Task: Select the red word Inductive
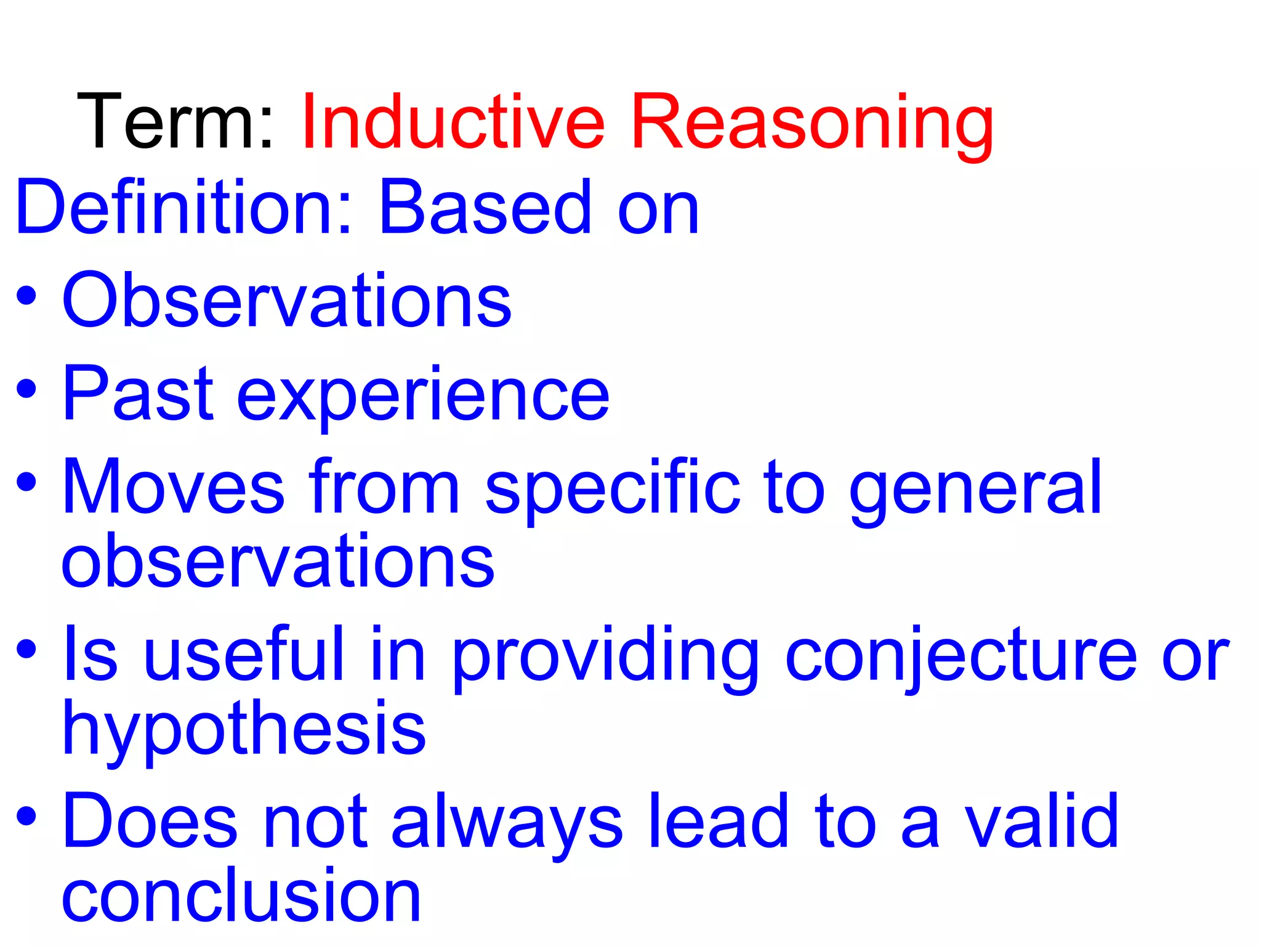(x=453, y=121)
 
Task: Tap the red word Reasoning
(x=813, y=123)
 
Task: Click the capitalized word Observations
(x=287, y=301)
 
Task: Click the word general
(x=976, y=490)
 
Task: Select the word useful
(x=244, y=654)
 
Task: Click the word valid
(x=1041, y=821)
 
